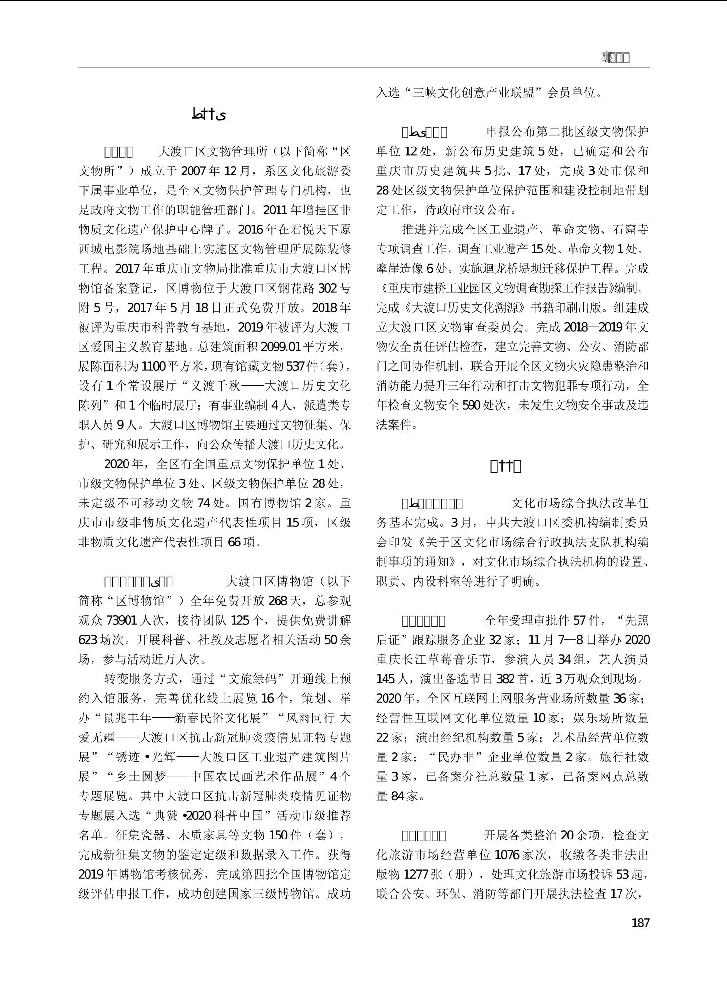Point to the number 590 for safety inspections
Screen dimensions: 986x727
471,405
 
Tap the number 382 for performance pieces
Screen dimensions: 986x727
505,679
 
